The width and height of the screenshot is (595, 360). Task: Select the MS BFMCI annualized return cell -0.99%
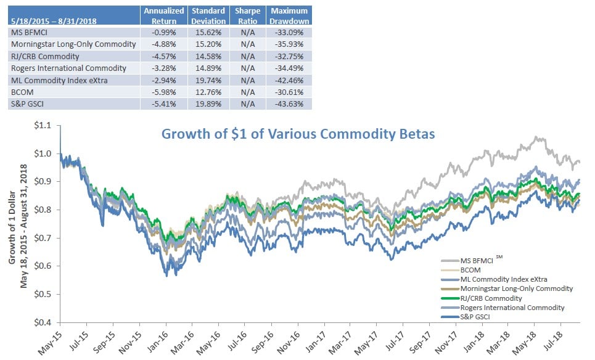pos(163,32)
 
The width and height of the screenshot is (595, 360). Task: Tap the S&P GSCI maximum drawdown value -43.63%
pos(290,103)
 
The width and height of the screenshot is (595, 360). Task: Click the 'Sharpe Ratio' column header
pos(247,16)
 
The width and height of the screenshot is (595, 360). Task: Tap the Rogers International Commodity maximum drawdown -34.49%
pos(290,68)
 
